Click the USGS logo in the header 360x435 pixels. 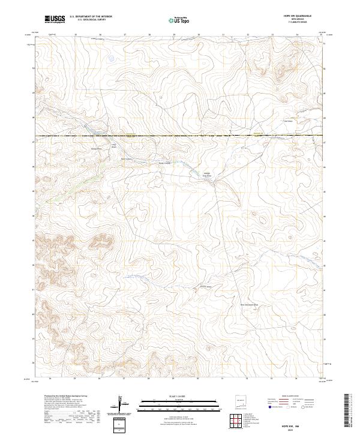pyautogui.click(x=54, y=20)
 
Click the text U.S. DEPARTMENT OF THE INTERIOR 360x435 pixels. pyautogui.click(x=91, y=17)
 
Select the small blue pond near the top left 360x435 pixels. pyautogui.click(x=110, y=59)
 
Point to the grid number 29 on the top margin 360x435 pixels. pyautogui.click(x=173, y=35)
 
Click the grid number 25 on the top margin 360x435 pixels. pyautogui.click(x=76, y=35)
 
